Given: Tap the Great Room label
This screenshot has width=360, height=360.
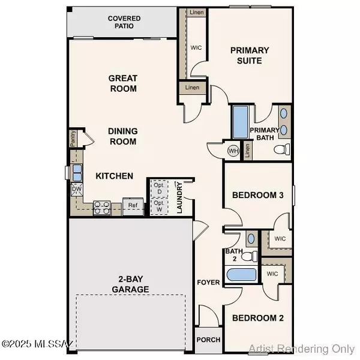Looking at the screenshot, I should pyautogui.click(x=122, y=83).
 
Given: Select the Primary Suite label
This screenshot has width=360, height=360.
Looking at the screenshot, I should pyautogui.click(x=250, y=55).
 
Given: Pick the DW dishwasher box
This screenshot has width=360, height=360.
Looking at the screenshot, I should pyautogui.click(x=77, y=190).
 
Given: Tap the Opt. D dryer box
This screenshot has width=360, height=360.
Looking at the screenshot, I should pyautogui.click(x=158, y=187).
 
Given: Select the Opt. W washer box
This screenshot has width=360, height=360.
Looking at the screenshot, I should pyautogui.click(x=158, y=206).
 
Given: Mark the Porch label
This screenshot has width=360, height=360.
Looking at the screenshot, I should pyautogui.click(x=208, y=340).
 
